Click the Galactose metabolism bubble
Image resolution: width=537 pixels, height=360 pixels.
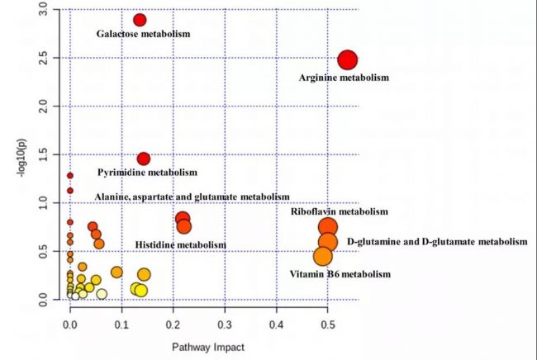140,20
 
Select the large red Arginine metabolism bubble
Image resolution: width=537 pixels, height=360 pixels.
347,60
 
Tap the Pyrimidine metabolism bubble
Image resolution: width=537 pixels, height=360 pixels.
143,159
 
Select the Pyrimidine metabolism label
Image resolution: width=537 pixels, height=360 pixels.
148,173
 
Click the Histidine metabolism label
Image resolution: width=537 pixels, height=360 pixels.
180,245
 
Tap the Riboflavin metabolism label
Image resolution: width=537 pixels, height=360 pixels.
339,212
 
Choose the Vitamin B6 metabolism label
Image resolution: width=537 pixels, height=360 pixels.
340,273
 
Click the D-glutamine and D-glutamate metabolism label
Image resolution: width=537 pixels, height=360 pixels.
437,242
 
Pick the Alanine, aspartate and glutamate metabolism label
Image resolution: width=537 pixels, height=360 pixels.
192,197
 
